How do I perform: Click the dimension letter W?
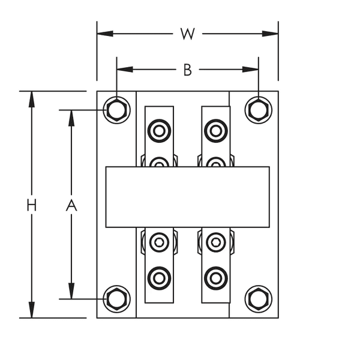click(188, 34)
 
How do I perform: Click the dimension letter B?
click(187, 70)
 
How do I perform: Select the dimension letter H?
click(32, 205)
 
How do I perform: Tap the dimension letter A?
click(71, 205)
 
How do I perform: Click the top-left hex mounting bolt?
click(117, 110)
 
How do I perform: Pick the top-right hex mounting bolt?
click(259, 110)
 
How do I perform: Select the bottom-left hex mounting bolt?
click(117, 298)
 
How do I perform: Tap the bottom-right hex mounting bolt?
click(259, 298)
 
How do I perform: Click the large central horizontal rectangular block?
click(187, 197)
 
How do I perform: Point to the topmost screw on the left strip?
click(159, 130)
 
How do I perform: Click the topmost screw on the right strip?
click(215, 130)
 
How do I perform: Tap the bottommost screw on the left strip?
click(159, 278)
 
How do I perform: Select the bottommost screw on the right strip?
click(215, 278)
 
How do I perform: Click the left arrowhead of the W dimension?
click(103, 34)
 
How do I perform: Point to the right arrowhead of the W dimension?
click(272, 34)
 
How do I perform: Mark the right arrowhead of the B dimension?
click(253, 70)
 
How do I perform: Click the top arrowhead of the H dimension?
click(32, 97)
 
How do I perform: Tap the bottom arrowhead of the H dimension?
click(32, 312)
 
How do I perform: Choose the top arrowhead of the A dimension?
click(71, 116)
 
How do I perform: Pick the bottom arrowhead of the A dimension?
click(71, 292)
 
